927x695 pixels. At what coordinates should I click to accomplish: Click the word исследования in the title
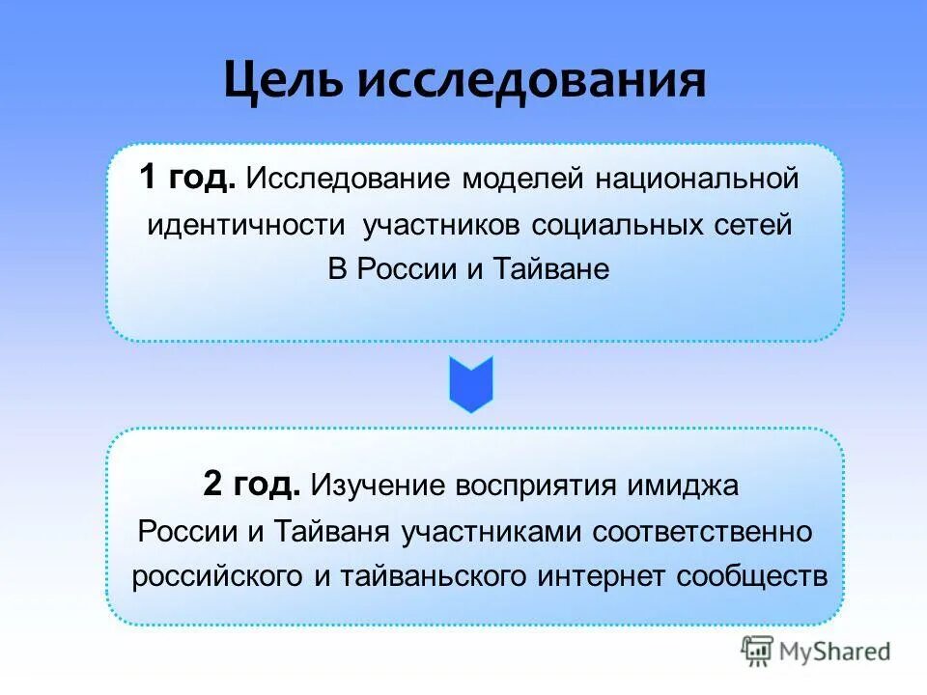click(531, 81)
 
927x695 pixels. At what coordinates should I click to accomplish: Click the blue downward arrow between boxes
click(471, 384)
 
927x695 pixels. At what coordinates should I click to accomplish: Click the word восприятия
click(545, 485)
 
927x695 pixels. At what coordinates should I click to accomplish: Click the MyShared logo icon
click(756, 651)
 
